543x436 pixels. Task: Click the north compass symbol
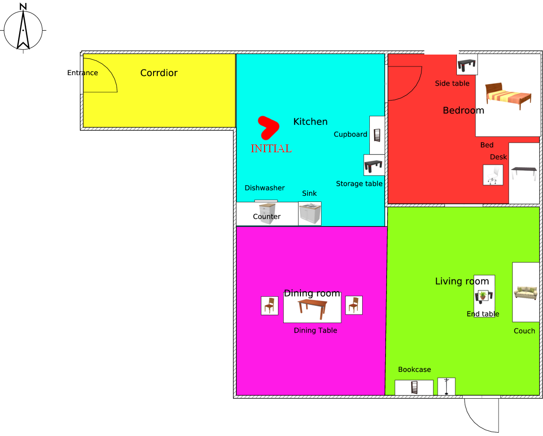point(23,29)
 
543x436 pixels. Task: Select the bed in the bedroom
point(508,95)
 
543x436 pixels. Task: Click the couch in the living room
point(525,292)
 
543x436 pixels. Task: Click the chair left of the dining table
point(270,305)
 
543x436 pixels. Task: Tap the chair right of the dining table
point(354,305)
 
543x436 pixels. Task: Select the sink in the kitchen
point(310,213)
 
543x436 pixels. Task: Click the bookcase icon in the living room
point(414,387)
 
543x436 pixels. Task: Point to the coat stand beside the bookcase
point(446,386)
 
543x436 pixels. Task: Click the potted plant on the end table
point(483,295)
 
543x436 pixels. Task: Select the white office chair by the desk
point(493,175)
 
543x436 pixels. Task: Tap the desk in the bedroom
point(524,172)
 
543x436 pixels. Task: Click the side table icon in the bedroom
point(467,64)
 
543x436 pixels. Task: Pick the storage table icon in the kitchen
point(374,166)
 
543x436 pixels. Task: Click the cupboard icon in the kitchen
point(377,135)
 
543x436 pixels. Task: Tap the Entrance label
point(83,73)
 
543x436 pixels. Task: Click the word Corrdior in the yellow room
point(159,73)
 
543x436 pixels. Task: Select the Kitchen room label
point(310,122)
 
